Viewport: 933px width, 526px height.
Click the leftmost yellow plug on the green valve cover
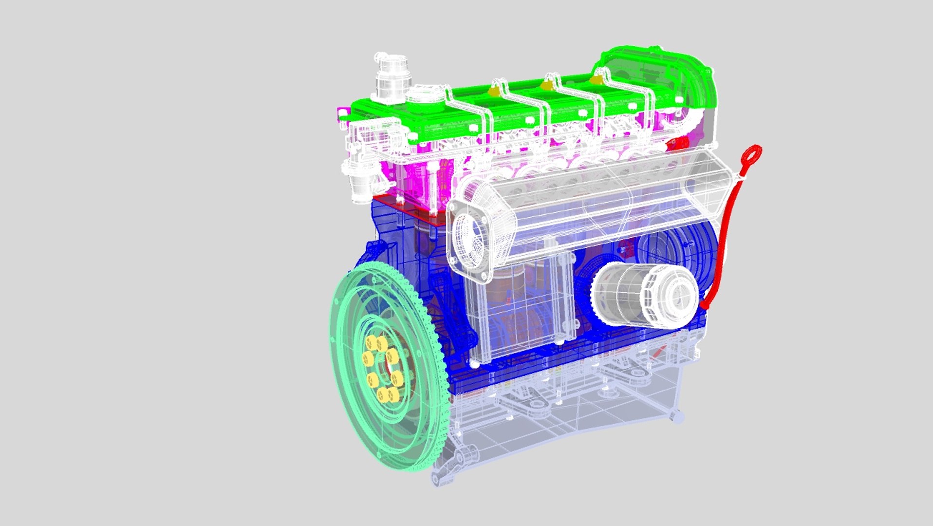coord(495,90)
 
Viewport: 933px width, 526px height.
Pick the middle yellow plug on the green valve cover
coord(547,85)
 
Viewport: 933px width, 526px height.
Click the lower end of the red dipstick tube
coord(705,304)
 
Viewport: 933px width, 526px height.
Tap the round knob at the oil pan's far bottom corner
coord(676,416)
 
